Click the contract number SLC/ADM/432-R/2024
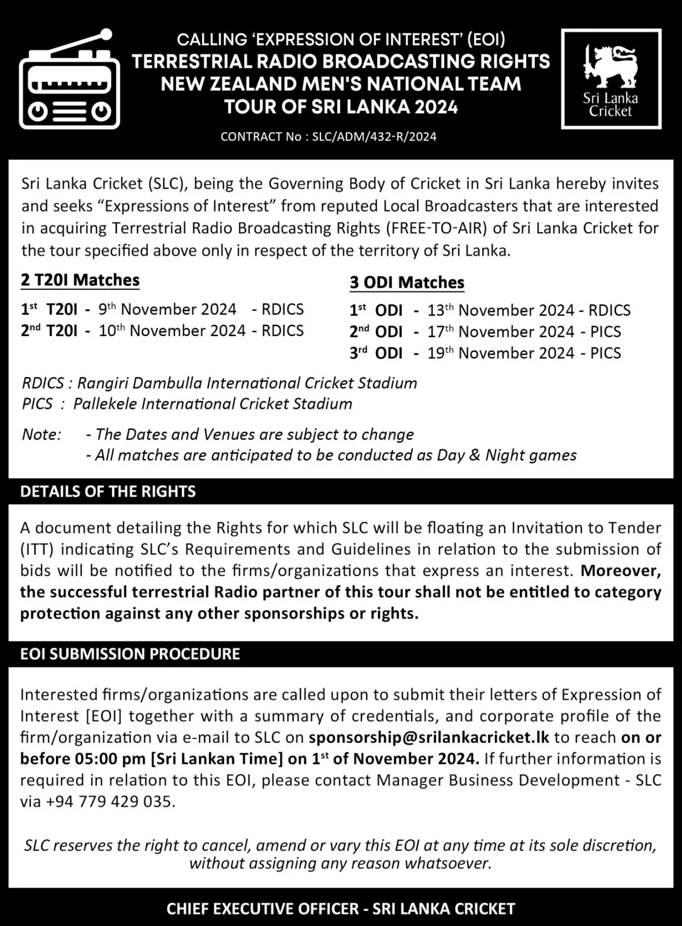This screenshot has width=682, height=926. tap(374, 137)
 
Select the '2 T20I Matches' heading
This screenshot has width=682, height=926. tap(80, 280)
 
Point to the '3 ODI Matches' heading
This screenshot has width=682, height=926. tap(407, 282)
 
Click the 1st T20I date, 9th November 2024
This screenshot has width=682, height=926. tap(167, 310)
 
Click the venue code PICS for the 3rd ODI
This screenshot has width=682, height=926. tap(605, 353)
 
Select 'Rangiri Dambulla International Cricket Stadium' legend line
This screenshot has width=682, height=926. tap(220, 383)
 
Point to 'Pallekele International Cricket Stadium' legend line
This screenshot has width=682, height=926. tap(187, 404)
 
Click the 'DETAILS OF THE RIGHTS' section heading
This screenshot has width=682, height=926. tap(108, 491)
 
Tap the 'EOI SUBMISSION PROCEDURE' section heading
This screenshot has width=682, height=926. tap(130, 654)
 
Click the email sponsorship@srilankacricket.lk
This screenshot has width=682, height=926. tap(429, 737)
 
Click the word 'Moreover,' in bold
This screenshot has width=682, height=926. tap(621, 571)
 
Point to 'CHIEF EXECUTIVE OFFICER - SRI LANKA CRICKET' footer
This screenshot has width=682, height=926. tap(340, 908)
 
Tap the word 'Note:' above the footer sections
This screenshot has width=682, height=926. tap(42, 435)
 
